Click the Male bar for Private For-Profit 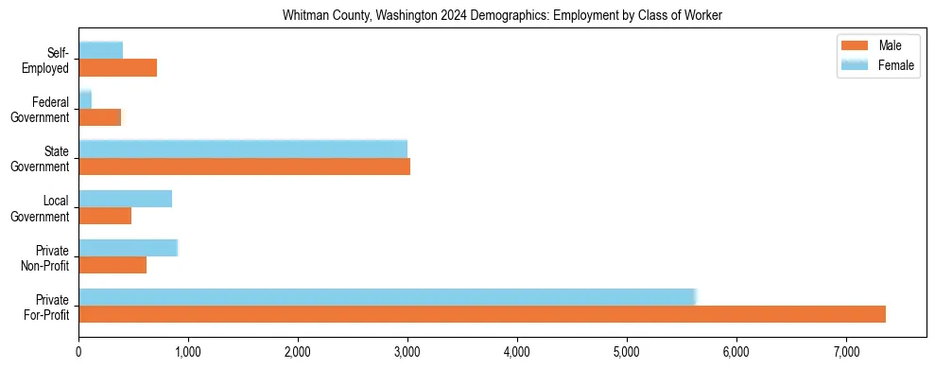click(482, 314)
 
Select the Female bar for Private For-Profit click(388, 297)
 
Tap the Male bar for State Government click(244, 167)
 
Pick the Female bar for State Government click(243, 149)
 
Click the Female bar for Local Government click(126, 199)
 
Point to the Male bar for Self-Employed click(117, 68)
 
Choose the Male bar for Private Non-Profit click(113, 265)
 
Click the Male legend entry click(879, 46)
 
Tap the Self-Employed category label click(51, 61)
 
